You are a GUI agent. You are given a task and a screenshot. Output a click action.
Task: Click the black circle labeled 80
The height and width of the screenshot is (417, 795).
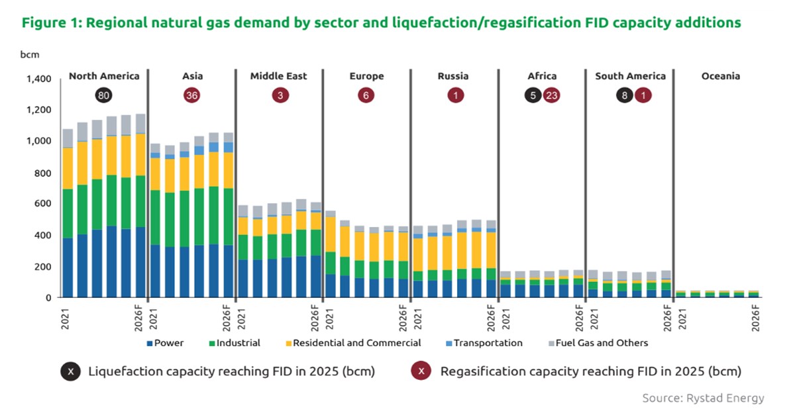(x=103, y=95)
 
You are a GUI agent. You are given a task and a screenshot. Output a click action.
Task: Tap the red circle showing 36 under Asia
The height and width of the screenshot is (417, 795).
(x=191, y=95)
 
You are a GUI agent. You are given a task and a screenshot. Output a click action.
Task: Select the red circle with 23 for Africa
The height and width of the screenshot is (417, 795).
(x=551, y=95)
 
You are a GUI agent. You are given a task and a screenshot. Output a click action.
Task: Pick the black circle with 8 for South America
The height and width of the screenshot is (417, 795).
(x=624, y=95)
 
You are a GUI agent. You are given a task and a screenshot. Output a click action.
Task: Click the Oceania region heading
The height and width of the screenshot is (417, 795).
(x=721, y=76)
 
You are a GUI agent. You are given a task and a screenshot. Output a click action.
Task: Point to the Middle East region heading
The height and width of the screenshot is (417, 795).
(x=279, y=76)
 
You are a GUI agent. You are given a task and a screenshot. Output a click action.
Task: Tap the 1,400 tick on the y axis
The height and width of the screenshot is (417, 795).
(x=38, y=79)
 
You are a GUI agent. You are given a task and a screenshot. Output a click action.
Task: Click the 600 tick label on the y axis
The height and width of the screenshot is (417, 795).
(x=43, y=204)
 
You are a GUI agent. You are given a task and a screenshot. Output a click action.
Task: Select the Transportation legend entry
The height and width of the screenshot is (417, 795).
(x=484, y=343)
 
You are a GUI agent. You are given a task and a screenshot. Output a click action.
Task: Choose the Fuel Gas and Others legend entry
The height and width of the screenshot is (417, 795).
(x=598, y=343)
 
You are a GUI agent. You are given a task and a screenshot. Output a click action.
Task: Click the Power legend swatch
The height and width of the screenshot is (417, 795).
(x=150, y=344)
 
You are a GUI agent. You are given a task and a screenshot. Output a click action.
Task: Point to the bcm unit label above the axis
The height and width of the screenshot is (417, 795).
(x=30, y=54)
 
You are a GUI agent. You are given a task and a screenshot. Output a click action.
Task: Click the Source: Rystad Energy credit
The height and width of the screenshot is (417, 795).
(x=703, y=398)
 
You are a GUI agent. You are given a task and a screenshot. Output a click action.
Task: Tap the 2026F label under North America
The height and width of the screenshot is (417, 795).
(x=138, y=318)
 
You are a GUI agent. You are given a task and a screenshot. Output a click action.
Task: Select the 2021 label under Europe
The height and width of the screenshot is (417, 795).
(x=330, y=319)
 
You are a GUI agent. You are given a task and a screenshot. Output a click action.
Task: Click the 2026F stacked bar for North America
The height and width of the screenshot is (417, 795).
(x=140, y=206)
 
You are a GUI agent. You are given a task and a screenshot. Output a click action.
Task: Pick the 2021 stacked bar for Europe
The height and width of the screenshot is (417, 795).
(x=331, y=254)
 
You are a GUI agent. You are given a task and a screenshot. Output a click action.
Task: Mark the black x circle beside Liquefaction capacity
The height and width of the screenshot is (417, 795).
(x=70, y=371)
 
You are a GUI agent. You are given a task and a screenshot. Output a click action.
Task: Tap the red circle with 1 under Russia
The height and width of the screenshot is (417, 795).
(x=456, y=95)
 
